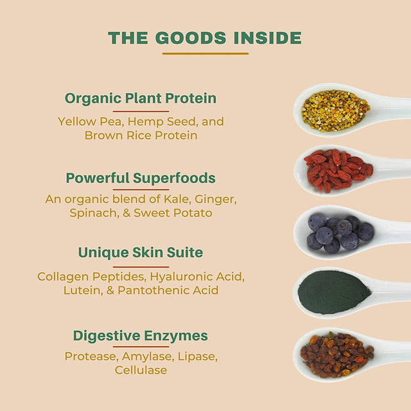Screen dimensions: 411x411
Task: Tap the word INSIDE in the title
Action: click(267, 38)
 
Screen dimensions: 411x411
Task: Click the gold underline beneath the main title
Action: click(205, 53)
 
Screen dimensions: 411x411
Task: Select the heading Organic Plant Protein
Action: click(141, 98)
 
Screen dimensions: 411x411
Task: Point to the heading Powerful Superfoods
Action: click(141, 178)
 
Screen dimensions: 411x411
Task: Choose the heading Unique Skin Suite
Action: click(141, 252)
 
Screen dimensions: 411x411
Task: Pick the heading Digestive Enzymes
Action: click(141, 336)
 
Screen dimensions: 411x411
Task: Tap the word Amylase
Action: click(148, 357)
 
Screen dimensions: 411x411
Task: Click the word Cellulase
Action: click(141, 370)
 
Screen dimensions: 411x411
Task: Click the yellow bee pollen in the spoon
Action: click(335, 110)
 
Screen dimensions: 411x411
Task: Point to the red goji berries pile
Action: click(338, 171)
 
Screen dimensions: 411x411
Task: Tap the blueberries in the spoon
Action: click(340, 234)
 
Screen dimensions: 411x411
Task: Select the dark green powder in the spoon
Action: click(334, 292)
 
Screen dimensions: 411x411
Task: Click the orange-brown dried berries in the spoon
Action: click(337, 354)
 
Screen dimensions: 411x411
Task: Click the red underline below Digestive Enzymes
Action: click(141, 347)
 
